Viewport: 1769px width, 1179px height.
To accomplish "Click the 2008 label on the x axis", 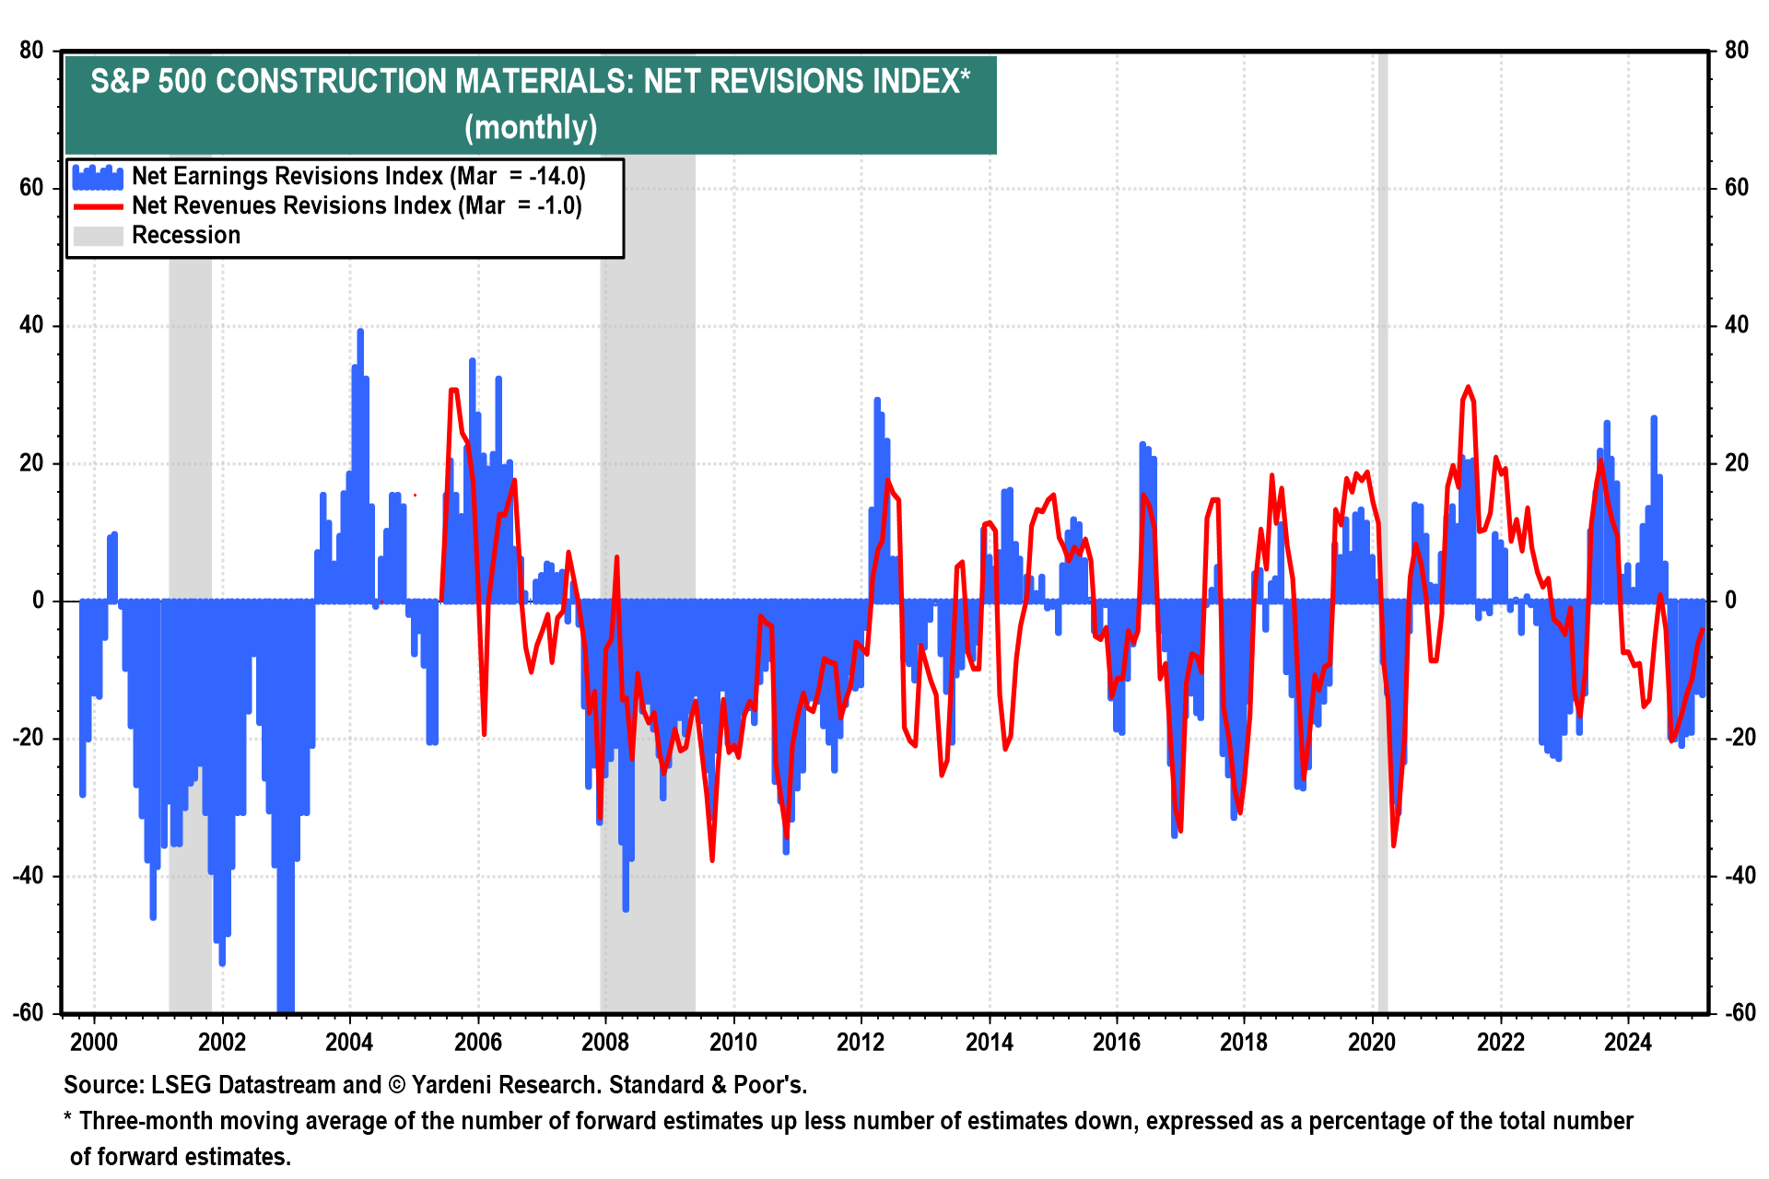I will (x=604, y=1043).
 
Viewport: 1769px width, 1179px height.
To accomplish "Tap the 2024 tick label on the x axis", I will (x=1627, y=1043).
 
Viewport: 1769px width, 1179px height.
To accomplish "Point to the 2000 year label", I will (x=94, y=1043).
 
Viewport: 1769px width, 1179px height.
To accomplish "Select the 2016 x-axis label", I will (x=1116, y=1043).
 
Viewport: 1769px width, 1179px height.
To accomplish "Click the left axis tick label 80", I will (x=32, y=51).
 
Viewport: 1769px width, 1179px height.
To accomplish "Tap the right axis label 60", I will (x=1736, y=188).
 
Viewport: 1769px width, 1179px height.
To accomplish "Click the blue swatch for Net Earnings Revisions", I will (x=98, y=177).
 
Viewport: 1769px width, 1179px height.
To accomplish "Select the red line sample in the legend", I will (x=98, y=206).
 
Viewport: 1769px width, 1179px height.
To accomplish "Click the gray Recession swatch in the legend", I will (x=98, y=236).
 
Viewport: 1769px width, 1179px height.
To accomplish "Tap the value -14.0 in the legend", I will (x=556, y=177).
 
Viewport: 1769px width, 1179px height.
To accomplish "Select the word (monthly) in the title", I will (x=531, y=127).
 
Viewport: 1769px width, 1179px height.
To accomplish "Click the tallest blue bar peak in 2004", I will (x=360, y=332).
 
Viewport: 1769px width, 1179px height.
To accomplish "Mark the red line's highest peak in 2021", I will (x=1468, y=388).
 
